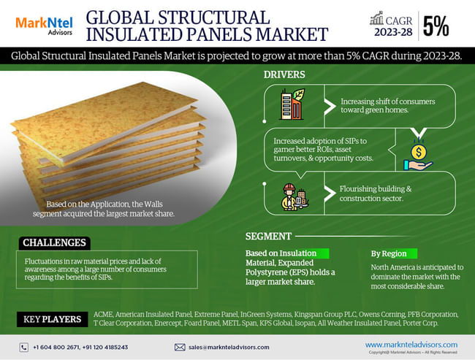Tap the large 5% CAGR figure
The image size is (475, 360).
pyautogui.click(x=436, y=26)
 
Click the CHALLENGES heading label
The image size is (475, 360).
pyautogui.click(x=54, y=242)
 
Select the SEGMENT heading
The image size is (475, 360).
pyautogui.click(x=269, y=237)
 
